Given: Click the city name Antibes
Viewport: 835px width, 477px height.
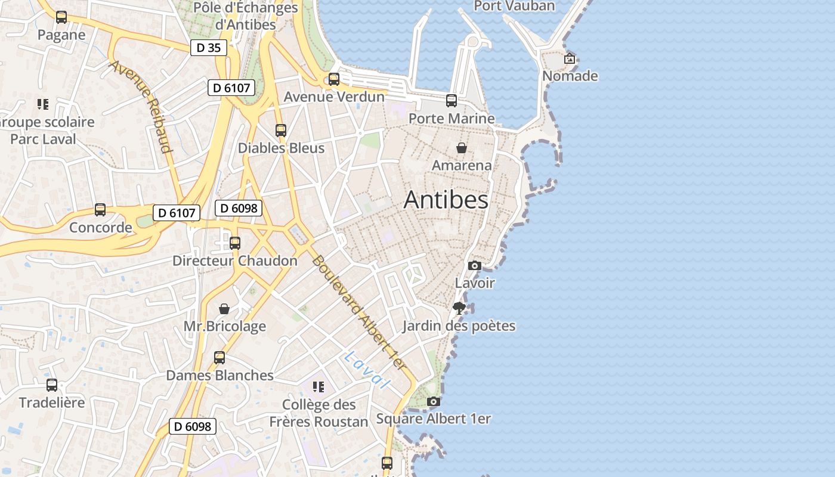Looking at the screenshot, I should click(x=446, y=200).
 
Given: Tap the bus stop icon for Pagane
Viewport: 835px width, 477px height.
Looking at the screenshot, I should click(x=61, y=17).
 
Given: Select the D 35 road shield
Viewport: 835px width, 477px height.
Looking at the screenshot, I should click(x=208, y=48).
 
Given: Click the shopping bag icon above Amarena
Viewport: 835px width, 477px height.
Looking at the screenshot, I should click(x=462, y=148).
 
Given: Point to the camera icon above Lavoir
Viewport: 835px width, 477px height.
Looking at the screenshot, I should click(x=475, y=265).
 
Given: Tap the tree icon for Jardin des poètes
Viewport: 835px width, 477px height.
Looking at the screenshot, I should click(x=459, y=308).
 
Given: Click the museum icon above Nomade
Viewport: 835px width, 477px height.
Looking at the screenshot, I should click(x=570, y=58).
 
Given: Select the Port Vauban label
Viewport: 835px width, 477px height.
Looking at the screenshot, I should click(x=514, y=6).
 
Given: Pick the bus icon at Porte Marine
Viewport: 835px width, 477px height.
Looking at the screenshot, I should click(x=451, y=101).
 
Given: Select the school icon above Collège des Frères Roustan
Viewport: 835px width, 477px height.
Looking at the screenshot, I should click(x=318, y=387).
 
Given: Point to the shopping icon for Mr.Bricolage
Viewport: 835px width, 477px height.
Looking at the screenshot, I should click(x=224, y=309).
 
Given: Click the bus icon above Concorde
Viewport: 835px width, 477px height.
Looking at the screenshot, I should click(x=100, y=210).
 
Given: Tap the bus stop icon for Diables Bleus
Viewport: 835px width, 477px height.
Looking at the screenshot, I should click(x=281, y=130).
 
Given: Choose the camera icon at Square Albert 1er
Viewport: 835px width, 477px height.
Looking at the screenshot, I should click(x=434, y=402).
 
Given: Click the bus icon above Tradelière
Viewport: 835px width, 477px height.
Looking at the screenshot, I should click(x=52, y=385).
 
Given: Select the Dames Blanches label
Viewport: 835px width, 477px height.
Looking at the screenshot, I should click(x=219, y=375).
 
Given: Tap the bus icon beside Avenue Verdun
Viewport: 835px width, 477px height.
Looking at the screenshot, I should click(x=334, y=79).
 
